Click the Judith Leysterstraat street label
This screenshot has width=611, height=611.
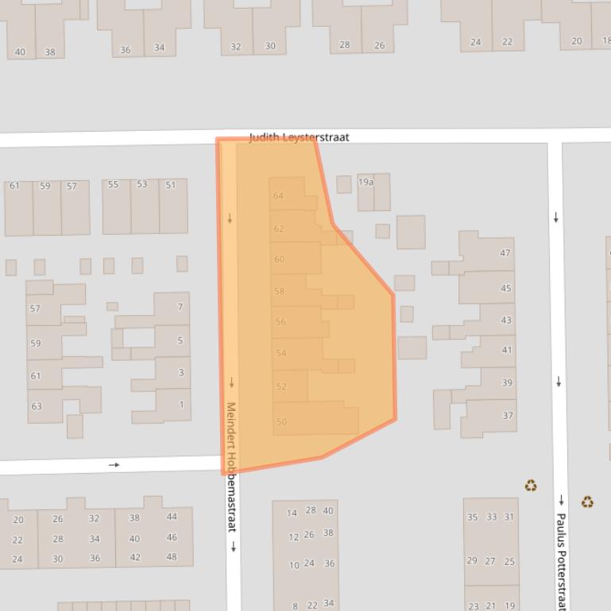point(299,137)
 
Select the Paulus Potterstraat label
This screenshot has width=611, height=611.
point(561,560)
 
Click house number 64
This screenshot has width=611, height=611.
point(278,196)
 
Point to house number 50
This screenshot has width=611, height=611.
point(281,422)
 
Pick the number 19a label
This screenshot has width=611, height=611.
point(365,182)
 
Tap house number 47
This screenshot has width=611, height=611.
point(505,253)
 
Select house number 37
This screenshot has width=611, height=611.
point(508,416)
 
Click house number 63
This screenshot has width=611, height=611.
point(36,406)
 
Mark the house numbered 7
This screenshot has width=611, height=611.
point(180,306)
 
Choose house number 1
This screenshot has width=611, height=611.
point(181,405)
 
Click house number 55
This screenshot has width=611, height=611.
point(113,185)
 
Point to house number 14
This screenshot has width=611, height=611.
point(292,513)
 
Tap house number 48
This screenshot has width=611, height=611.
point(172,557)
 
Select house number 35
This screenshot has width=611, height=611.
point(472,517)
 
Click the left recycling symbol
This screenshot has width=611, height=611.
point(531,486)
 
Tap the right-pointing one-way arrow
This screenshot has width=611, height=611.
point(114,465)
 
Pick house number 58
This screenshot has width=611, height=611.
point(279,291)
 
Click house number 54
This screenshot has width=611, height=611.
point(280,354)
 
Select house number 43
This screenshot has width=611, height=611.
point(506,321)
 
